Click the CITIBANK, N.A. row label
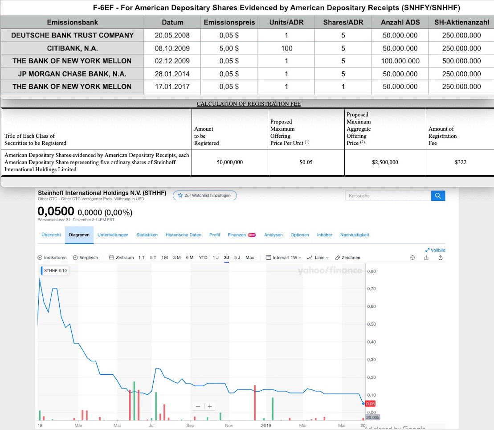(x=72, y=48)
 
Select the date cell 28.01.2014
(x=172, y=74)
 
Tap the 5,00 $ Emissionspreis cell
(x=229, y=48)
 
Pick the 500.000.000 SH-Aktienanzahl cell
(x=461, y=61)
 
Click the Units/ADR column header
(x=286, y=22)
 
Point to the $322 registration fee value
(x=461, y=162)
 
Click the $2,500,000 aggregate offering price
(x=385, y=162)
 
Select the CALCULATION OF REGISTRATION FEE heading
(x=249, y=104)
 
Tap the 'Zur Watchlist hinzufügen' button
(x=205, y=195)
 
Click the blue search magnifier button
(x=438, y=195)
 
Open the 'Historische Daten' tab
(x=183, y=235)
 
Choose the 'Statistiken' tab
(x=147, y=235)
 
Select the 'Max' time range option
(x=249, y=257)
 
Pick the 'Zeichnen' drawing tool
(x=347, y=257)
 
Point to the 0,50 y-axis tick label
(x=372, y=324)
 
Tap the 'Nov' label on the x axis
(x=230, y=426)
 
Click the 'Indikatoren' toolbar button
(x=53, y=257)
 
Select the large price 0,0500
(x=56, y=211)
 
